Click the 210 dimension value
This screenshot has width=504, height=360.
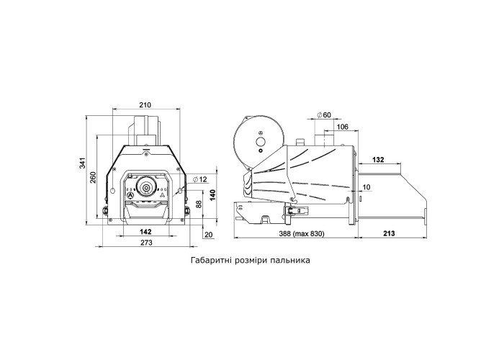pyautogui.click(x=145, y=105)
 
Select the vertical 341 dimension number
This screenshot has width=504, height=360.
pyautogui.click(x=83, y=163)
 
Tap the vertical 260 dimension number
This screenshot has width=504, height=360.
pyautogui.click(x=93, y=177)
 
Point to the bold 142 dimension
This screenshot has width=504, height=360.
pyautogui.click(x=145, y=231)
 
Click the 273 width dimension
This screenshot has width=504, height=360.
pyautogui.click(x=146, y=243)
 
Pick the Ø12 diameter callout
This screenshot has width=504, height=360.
pyautogui.click(x=201, y=179)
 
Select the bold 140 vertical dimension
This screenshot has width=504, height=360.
pyautogui.click(x=212, y=195)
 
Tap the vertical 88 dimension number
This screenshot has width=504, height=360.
pyautogui.click(x=199, y=204)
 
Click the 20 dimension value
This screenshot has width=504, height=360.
pyautogui.click(x=209, y=235)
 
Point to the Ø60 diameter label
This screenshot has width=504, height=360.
pyautogui.click(x=324, y=114)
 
